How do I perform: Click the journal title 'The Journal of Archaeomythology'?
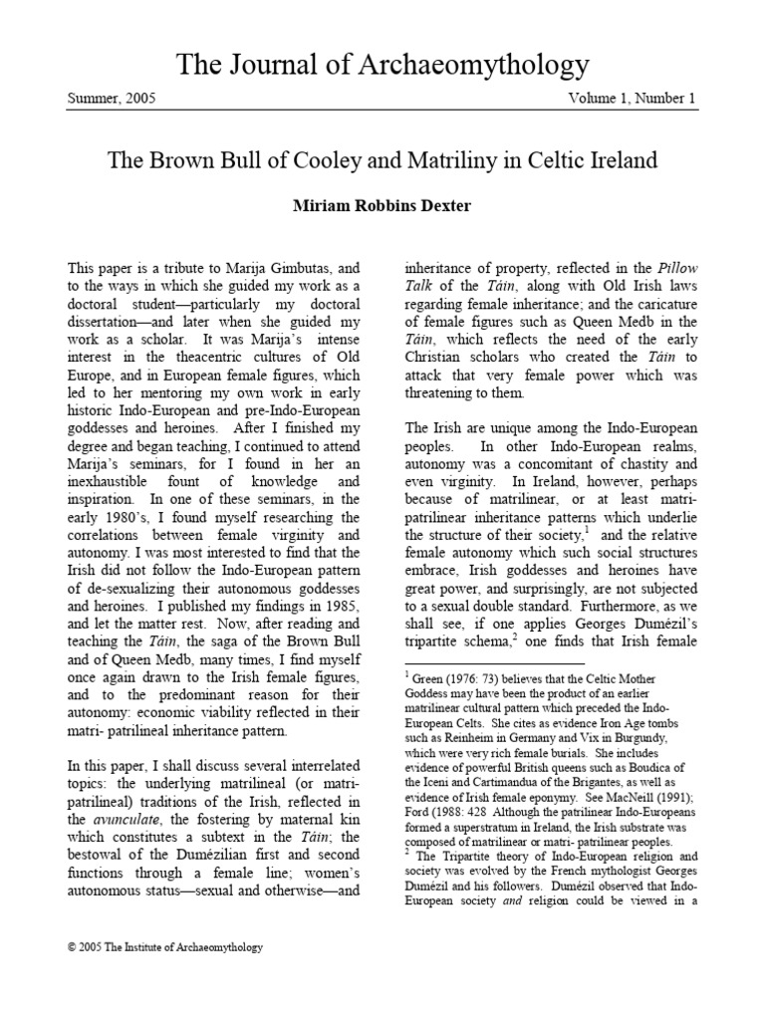tap(382, 66)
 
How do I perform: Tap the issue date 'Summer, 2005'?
tap(112, 100)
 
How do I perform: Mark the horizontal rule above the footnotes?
tap(493, 662)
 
